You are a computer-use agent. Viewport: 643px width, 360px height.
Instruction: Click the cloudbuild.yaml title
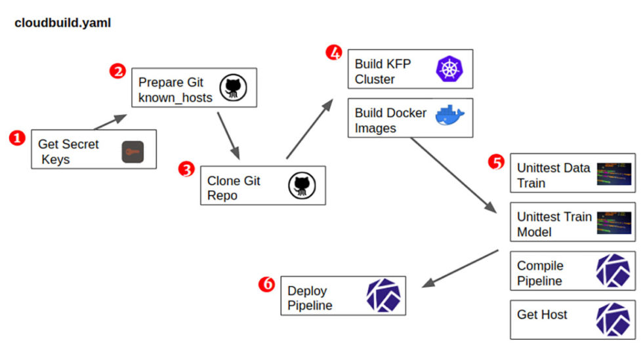point(63,23)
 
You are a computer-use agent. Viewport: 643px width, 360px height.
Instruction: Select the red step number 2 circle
point(118,71)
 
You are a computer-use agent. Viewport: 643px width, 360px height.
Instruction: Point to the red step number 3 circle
point(186,169)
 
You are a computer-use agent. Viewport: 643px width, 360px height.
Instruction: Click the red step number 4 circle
point(334,52)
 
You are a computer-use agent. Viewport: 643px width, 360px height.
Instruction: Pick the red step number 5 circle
point(497,161)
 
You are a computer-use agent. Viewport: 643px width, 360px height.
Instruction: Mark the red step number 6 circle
point(266,285)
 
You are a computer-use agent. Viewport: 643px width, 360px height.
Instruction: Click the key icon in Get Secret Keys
point(133,153)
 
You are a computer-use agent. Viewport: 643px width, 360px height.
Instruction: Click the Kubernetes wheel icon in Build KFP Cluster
point(449,69)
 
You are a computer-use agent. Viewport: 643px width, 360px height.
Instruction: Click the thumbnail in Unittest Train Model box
point(613,224)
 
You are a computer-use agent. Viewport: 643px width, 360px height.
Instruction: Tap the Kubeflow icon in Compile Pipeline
point(613,271)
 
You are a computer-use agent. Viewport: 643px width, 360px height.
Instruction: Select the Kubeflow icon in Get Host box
point(613,319)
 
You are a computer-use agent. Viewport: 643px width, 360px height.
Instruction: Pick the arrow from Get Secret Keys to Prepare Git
point(110,121)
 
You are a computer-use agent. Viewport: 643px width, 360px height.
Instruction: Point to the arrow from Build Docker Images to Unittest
point(453,174)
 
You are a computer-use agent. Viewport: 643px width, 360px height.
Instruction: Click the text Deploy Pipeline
point(310,298)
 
